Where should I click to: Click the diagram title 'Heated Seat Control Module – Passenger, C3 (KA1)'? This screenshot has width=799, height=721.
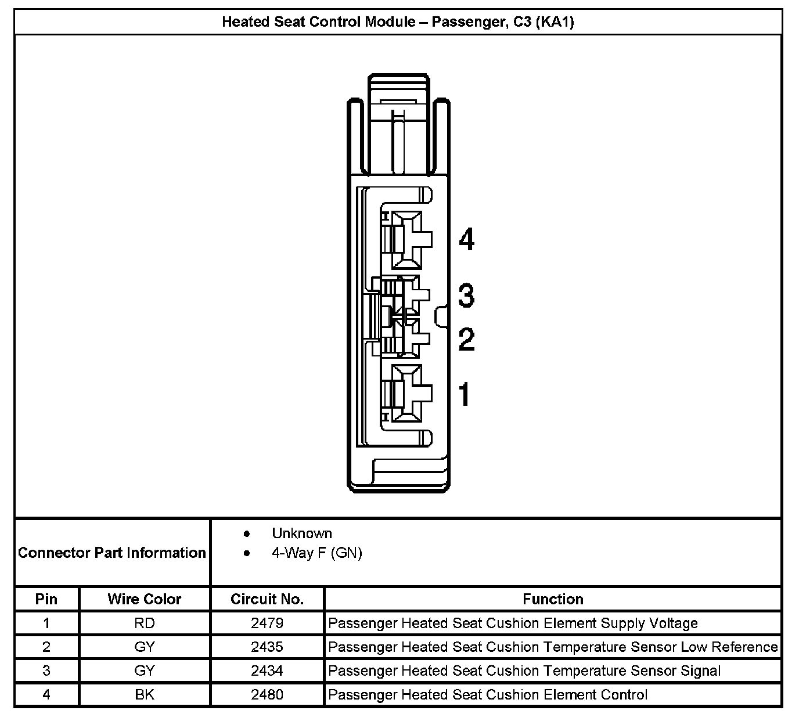coord(398,22)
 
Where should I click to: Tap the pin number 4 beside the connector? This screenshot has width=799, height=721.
coord(466,239)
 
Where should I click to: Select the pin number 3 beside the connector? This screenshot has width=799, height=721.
coord(466,295)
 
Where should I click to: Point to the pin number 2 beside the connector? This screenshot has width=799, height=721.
coord(466,339)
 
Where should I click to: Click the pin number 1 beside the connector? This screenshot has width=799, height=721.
coord(465,394)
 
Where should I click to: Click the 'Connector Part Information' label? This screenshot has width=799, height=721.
coord(112,553)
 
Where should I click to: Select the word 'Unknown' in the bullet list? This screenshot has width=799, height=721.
coord(302,533)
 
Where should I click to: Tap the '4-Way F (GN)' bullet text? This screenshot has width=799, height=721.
coord(316,553)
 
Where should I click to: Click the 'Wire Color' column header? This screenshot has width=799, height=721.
coord(145,599)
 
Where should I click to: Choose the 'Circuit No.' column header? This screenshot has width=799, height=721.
coord(267,599)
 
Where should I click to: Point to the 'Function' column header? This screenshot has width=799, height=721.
coord(553,599)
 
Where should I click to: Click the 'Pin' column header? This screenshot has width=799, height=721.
coord(46,599)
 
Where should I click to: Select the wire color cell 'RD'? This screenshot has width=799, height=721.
coord(145,623)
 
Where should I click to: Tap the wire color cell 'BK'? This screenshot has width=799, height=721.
coord(145,695)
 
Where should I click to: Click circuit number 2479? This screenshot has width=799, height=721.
coord(267,623)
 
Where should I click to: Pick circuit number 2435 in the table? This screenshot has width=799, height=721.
coord(267,647)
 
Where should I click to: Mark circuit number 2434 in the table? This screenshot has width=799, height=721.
coord(267,671)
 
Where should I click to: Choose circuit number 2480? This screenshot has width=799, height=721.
coord(267,695)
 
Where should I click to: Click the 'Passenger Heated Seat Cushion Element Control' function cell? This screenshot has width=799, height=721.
coord(488,695)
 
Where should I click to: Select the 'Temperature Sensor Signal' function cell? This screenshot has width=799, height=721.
coord(524,671)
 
